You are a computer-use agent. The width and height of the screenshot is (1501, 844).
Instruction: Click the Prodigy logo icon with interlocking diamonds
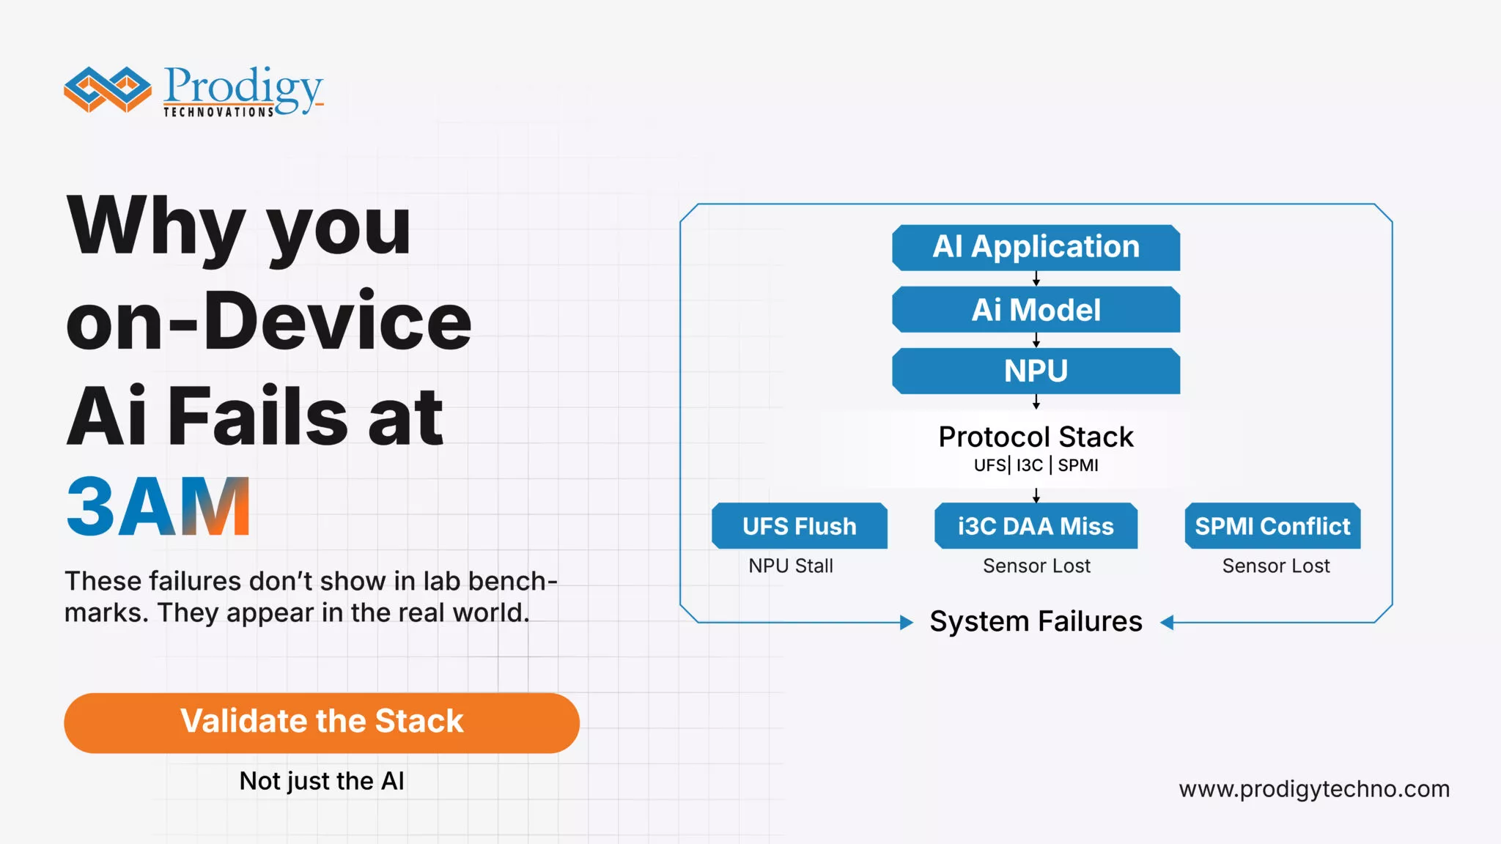pyautogui.click(x=107, y=89)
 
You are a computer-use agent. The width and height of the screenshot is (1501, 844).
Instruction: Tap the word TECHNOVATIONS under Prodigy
pyautogui.click(x=218, y=112)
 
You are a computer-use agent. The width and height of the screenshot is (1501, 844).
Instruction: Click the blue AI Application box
pyautogui.click(x=1035, y=247)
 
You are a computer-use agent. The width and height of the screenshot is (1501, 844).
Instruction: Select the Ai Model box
pyautogui.click(x=1035, y=310)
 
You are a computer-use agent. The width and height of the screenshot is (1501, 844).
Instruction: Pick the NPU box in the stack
pyautogui.click(x=1035, y=371)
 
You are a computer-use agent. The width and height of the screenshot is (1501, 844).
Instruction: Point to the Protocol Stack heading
pyautogui.click(x=1035, y=437)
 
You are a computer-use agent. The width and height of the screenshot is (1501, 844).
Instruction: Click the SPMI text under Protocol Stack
pyautogui.click(x=1077, y=465)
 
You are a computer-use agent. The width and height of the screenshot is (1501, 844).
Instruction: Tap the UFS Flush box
pyautogui.click(x=799, y=526)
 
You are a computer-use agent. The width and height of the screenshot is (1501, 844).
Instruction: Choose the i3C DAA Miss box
pyautogui.click(x=1035, y=526)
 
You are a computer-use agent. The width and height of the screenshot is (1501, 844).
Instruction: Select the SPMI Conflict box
pyautogui.click(x=1272, y=526)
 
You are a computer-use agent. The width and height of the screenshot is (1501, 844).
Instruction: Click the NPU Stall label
pyautogui.click(x=790, y=566)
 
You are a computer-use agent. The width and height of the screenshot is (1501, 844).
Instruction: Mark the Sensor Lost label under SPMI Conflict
pyautogui.click(x=1275, y=566)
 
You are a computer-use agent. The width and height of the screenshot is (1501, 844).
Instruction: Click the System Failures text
pyautogui.click(x=1035, y=621)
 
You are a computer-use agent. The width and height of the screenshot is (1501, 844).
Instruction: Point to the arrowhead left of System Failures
pyautogui.click(x=907, y=623)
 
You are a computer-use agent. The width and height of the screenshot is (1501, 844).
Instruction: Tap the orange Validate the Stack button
pyautogui.click(x=321, y=722)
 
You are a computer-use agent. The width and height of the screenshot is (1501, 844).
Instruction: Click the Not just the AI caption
pyautogui.click(x=321, y=781)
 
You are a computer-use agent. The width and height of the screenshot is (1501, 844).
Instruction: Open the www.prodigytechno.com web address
pyautogui.click(x=1313, y=789)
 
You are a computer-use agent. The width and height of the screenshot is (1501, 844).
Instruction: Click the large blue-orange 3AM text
pyautogui.click(x=158, y=507)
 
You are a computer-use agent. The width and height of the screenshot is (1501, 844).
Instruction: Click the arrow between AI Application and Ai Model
pyautogui.click(x=1036, y=279)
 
